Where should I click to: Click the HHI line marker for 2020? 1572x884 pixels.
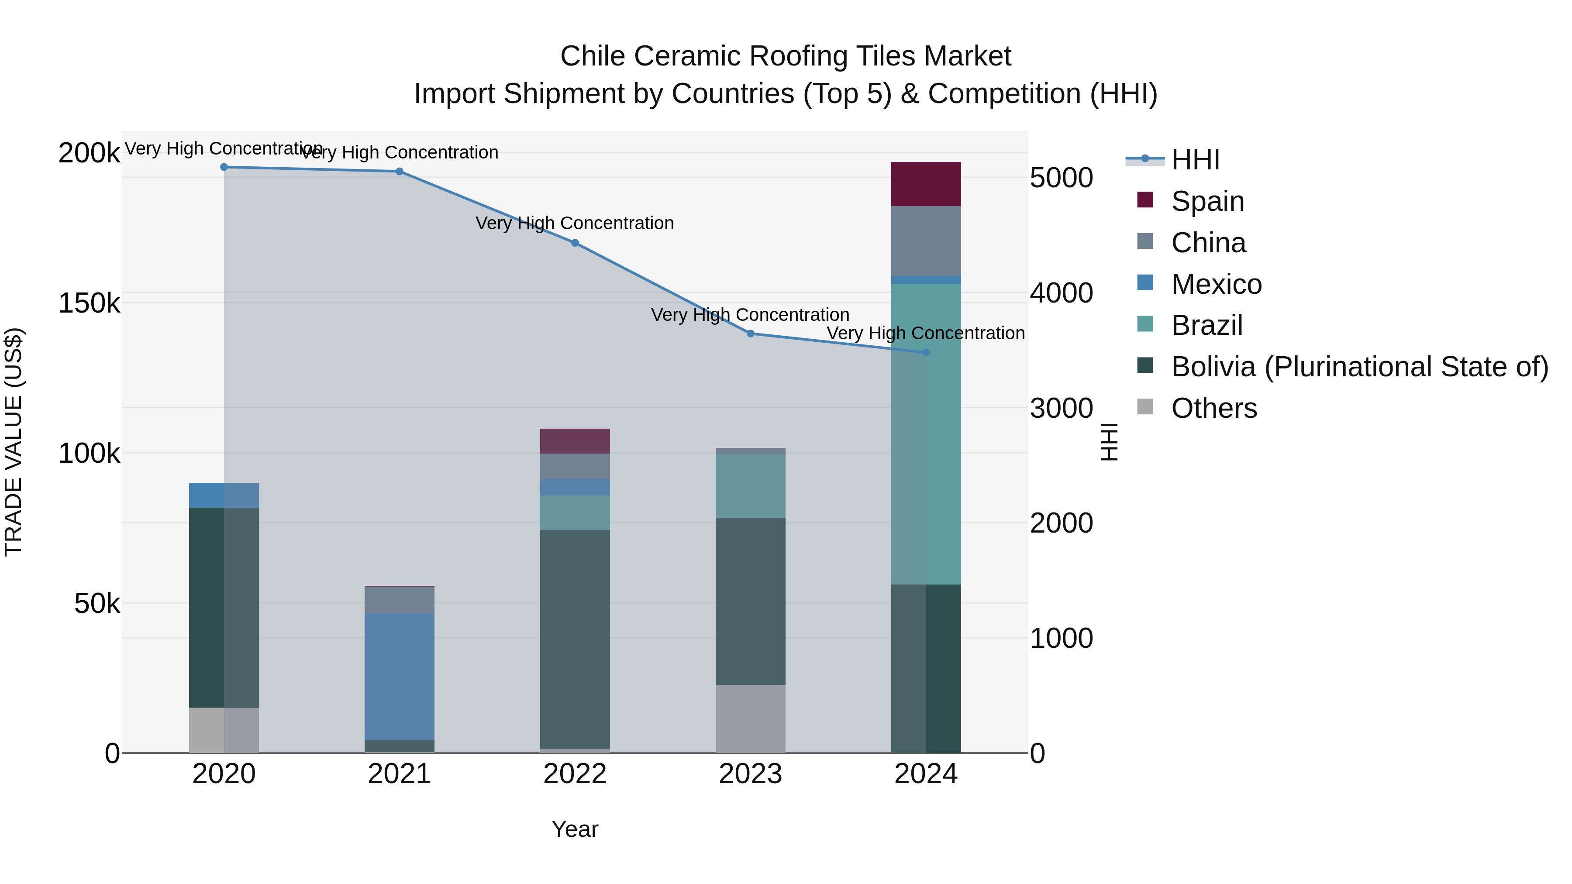pos(224,167)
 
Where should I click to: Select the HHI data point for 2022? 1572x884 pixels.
pos(575,243)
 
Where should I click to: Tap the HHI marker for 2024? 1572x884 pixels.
pos(926,353)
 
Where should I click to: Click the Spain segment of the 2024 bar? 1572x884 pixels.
pos(926,184)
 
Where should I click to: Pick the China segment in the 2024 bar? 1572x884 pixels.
pos(926,241)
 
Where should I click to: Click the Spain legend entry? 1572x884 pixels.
pos(1207,201)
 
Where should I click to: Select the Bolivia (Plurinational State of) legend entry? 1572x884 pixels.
pos(1359,367)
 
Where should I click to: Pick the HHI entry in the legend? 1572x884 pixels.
pos(1195,160)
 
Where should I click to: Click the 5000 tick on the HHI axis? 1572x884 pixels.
pos(1061,178)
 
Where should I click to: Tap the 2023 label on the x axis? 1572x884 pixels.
pos(750,774)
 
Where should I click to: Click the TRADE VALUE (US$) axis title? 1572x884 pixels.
pos(14,442)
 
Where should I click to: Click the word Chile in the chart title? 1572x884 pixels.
pos(593,56)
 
